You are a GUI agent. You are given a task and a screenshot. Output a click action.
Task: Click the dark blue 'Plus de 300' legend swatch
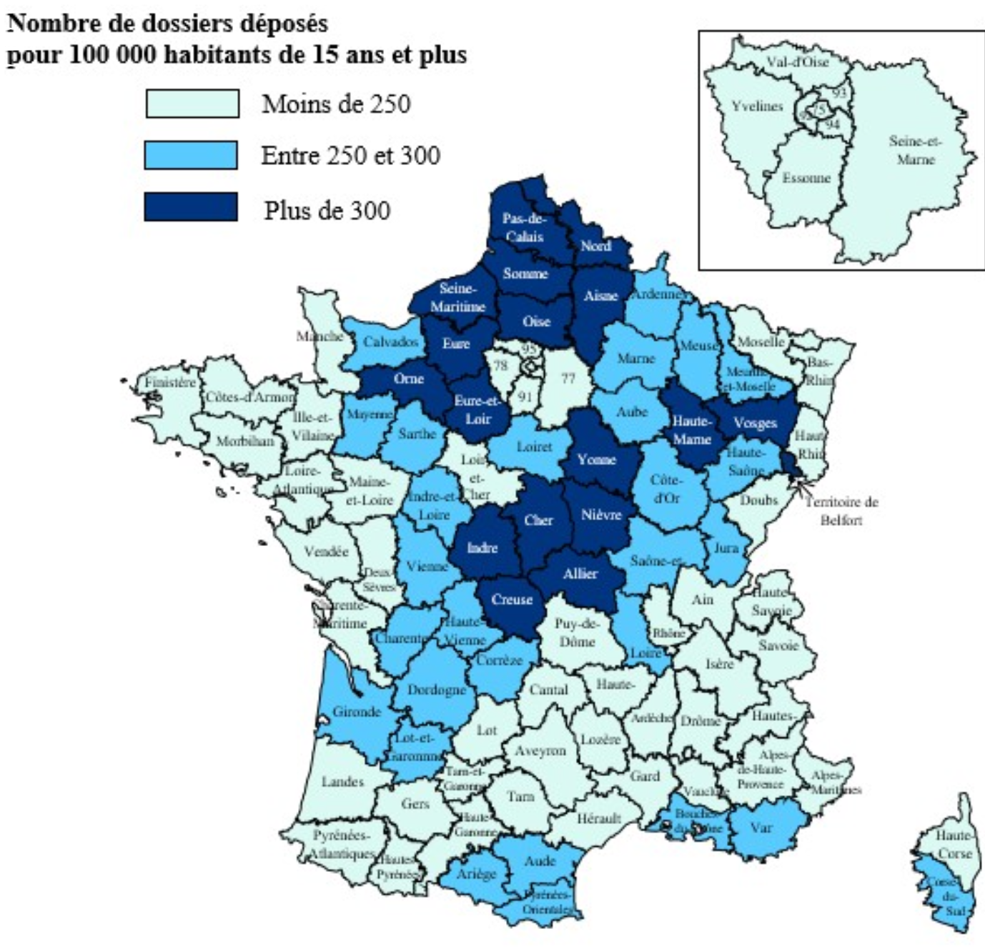coord(191,207)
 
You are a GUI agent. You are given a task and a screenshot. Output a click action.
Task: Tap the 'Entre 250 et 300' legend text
coord(350,156)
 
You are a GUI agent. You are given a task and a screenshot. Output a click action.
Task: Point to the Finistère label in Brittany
coord(170,382)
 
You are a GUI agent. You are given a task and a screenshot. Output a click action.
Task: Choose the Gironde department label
coord(357,712)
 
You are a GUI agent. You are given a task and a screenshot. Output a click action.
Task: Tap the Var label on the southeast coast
coord(761,828)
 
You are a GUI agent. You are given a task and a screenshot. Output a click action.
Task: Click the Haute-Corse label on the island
coord(955,844)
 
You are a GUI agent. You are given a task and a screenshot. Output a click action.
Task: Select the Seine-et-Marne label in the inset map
coord(916,150)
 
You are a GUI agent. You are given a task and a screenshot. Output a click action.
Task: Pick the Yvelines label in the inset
coord(757,106)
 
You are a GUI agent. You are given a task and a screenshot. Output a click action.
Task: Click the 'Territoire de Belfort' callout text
coord(841,510)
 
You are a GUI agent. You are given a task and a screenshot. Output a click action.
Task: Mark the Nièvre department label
coord(601,515)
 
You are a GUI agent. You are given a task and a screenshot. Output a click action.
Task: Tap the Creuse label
coord(512,600)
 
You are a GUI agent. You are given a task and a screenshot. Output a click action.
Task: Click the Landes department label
coord(342,781)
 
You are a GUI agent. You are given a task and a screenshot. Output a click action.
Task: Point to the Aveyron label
coord(540,751)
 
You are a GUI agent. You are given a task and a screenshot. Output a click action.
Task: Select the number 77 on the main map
coord(568,378)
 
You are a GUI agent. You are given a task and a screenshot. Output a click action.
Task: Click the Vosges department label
coord(755,423)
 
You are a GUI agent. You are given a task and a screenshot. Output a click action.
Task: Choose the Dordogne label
coord(436,690)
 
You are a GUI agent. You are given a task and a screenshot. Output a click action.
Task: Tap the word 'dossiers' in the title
coord(189,24)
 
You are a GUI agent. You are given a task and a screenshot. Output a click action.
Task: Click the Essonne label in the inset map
coord(806,178)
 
